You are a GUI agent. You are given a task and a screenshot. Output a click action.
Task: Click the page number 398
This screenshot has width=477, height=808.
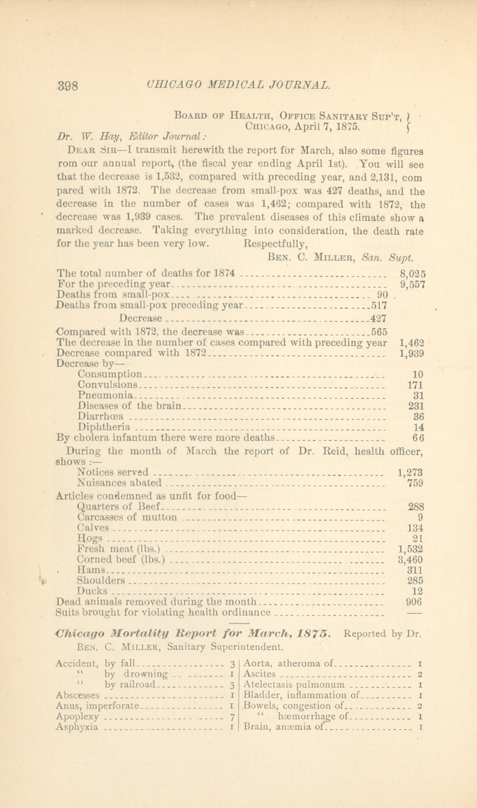[69, 87]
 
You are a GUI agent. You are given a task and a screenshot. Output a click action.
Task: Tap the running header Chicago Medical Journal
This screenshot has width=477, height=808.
[239, 86]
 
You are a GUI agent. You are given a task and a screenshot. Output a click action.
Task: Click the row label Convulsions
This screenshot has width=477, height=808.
[108, 384]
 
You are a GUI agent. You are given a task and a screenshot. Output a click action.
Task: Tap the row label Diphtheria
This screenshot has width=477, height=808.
[104, 426]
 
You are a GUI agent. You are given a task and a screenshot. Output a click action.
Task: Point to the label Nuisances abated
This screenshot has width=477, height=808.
[119, 482]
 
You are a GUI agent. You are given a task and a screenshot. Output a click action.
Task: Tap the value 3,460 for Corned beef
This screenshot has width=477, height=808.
[411, 558]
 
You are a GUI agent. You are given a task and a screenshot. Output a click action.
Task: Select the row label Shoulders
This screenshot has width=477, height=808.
[101, 580]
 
